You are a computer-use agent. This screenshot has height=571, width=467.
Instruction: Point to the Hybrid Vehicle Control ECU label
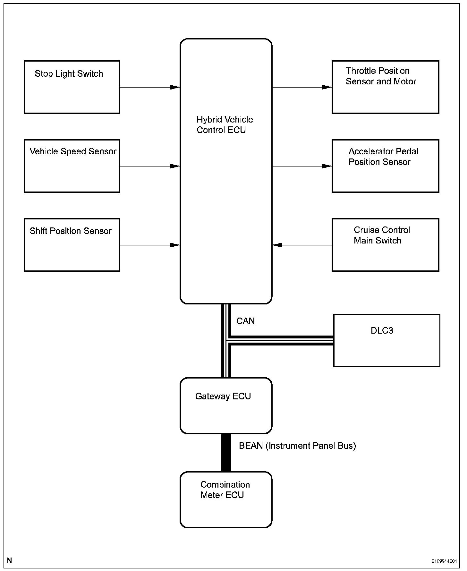225,125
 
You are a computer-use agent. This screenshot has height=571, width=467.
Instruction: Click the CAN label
245,321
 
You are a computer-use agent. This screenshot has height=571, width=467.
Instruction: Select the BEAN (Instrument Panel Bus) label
297,446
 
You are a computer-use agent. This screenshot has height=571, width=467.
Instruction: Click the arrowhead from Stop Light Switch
175,87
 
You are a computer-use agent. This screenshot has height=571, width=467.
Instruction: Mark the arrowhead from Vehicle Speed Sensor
175,166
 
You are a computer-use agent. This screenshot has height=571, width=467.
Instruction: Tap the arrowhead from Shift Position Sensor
175,245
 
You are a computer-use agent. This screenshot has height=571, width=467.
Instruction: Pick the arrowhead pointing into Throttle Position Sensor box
327,87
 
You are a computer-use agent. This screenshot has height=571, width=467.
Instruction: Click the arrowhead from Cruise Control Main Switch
277,245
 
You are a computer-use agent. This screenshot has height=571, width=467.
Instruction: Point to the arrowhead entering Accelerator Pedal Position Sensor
327,166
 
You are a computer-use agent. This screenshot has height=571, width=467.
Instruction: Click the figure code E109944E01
444,561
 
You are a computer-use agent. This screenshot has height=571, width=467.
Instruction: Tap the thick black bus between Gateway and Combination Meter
226,453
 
